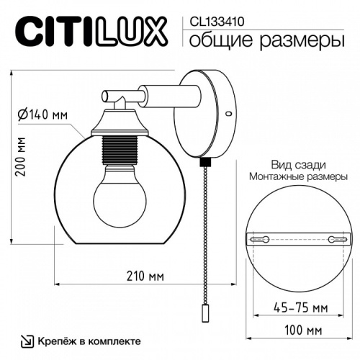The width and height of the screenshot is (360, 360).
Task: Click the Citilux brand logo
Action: pyautogui.click(x=90, y=31)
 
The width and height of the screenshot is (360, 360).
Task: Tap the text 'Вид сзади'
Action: pyautogui.click(x=294, y=163)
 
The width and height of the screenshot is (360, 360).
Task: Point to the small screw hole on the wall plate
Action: pyautogui.click(x=228, y=114)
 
